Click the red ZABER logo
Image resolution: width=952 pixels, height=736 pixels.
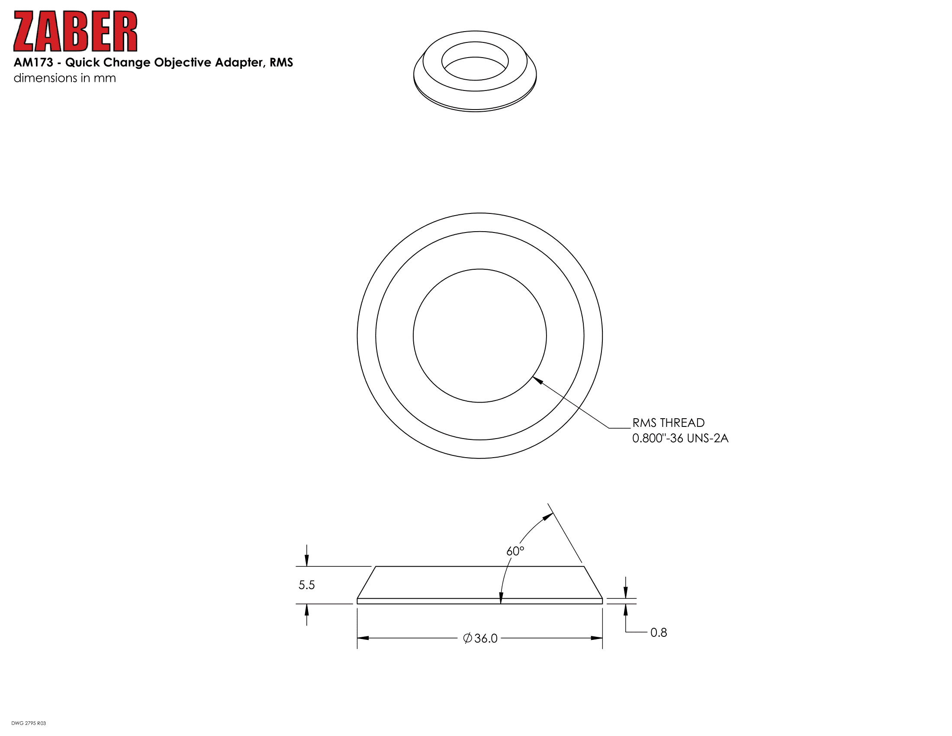coord(75,31)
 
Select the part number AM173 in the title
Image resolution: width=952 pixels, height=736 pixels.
coord(34,62)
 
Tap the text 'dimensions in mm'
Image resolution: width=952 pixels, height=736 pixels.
coord(65,78)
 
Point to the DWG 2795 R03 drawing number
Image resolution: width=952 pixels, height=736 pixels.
coord(28,723)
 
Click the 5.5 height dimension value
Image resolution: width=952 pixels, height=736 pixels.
coord(306,585)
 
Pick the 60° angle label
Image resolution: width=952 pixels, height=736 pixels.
coord(515,551)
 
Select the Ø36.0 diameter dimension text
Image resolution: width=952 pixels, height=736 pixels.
coord(480,638)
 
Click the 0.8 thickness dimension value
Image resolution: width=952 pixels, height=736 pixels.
coord(659,633)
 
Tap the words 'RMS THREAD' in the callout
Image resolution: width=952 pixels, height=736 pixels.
coord(668,423)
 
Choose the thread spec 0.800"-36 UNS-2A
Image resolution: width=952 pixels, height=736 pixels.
coord(680,438)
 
